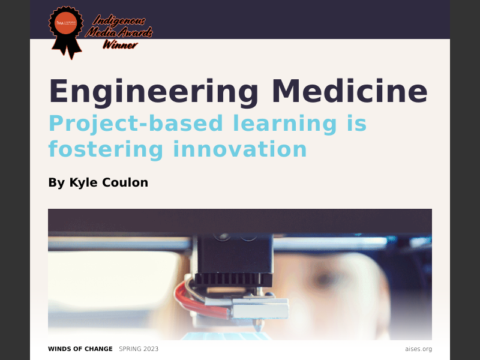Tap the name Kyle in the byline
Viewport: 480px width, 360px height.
point(82,182)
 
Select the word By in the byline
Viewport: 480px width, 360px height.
point(56,182)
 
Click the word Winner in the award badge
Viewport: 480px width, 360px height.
point(120,44)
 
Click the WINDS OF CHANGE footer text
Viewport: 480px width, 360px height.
point(80,349)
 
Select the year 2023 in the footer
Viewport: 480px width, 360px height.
point(150,349)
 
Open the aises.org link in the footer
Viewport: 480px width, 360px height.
point(418,349)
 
